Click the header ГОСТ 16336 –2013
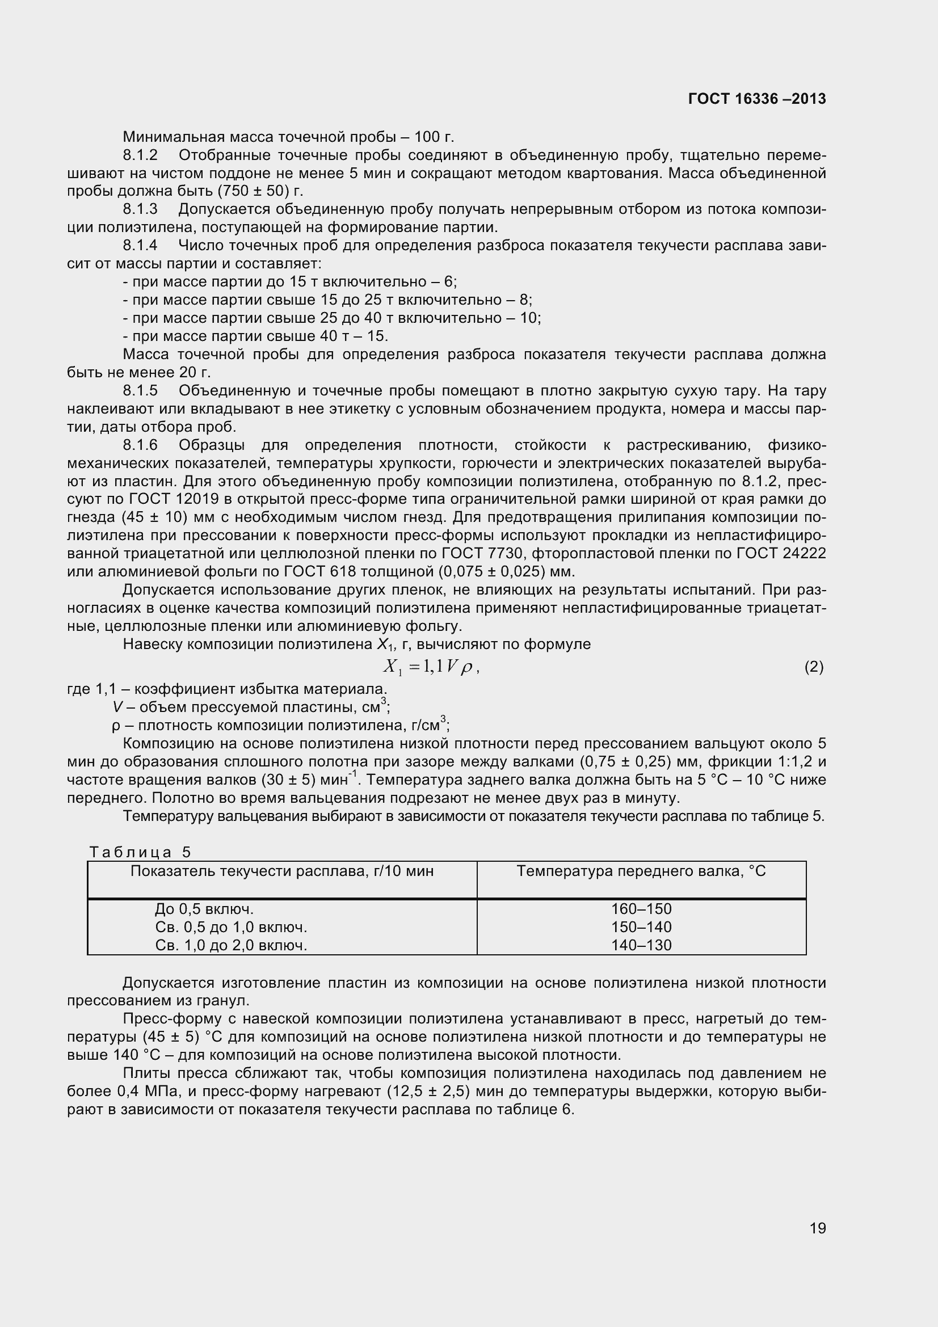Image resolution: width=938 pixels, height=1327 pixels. coord(756,99)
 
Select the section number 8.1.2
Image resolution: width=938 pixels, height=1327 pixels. coord(140,155)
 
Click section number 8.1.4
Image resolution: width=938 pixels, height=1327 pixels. coord(140,245)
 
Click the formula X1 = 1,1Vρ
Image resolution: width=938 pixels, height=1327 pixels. coord(431,667)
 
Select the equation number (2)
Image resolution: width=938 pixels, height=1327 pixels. coord(813,667)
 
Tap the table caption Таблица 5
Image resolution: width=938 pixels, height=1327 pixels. coord(139,852)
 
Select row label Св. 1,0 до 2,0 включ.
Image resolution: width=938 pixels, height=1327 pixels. coord(231,945)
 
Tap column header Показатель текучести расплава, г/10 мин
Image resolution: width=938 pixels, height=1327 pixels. coord(281,871)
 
